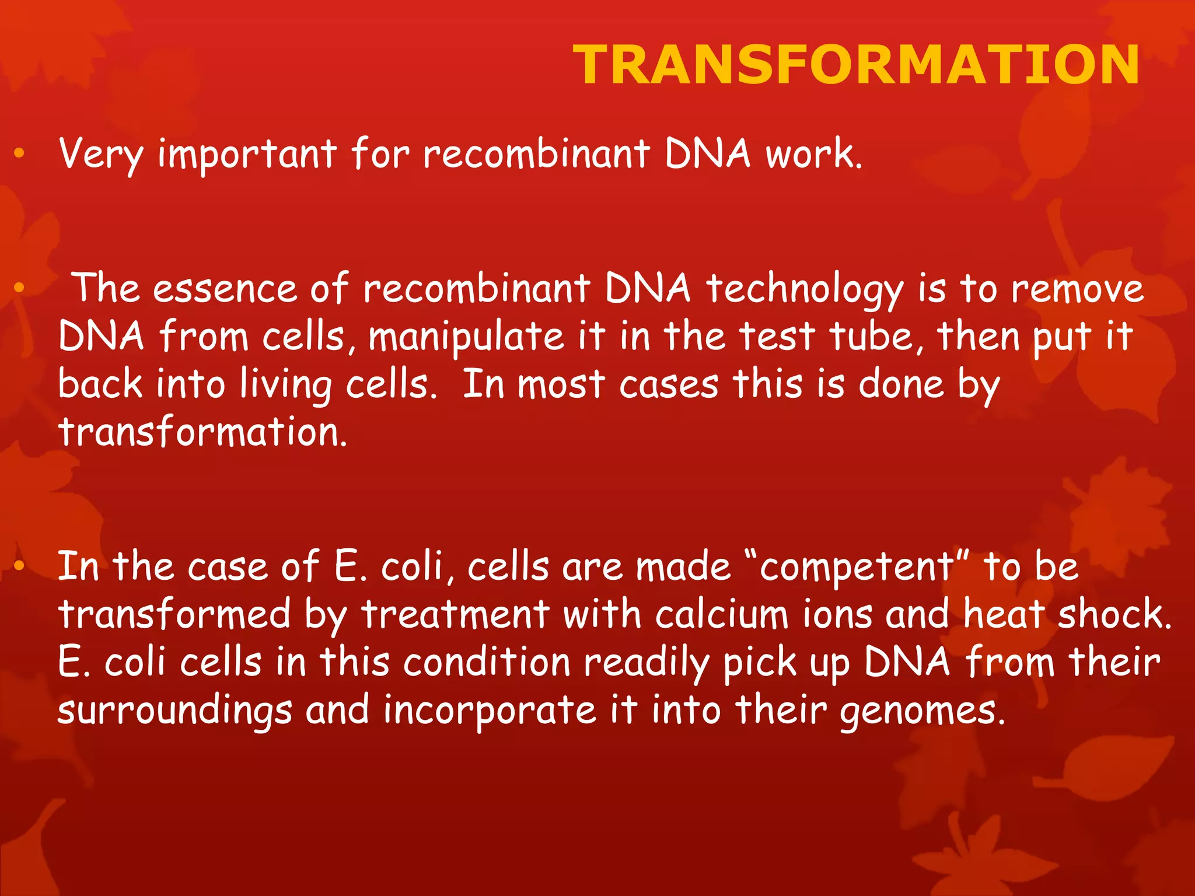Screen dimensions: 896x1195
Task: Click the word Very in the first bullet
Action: pos(100,154)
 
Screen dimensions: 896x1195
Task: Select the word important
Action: pos(247,155)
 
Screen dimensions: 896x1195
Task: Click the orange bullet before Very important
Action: pos(19,153)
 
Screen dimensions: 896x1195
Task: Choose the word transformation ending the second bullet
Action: pos(202,433)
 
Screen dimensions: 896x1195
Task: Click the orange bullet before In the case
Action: pos(19,565)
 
